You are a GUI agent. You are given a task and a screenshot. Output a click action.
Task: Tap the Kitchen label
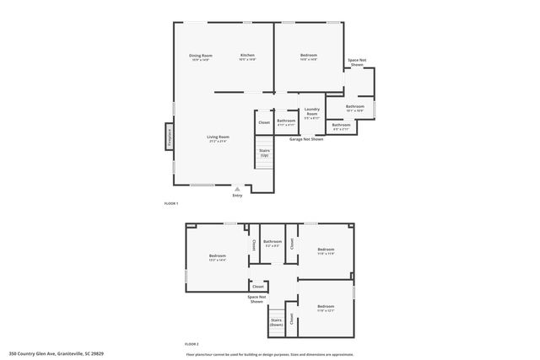247,56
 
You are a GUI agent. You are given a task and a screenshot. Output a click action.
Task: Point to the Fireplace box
170,136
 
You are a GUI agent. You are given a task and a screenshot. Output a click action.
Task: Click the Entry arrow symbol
237,190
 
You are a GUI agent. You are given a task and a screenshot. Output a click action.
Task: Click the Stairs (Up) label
264,153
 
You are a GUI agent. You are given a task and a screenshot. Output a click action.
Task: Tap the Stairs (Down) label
276,321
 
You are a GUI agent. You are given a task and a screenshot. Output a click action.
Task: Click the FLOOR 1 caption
170,204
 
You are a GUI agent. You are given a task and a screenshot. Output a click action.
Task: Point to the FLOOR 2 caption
192,344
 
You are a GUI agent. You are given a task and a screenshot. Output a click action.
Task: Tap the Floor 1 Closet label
264,122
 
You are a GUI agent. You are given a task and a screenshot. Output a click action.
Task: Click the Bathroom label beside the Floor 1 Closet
286,121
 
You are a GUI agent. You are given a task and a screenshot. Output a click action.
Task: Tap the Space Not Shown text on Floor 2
257,298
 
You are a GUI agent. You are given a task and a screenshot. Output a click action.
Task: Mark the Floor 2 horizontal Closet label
258,287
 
